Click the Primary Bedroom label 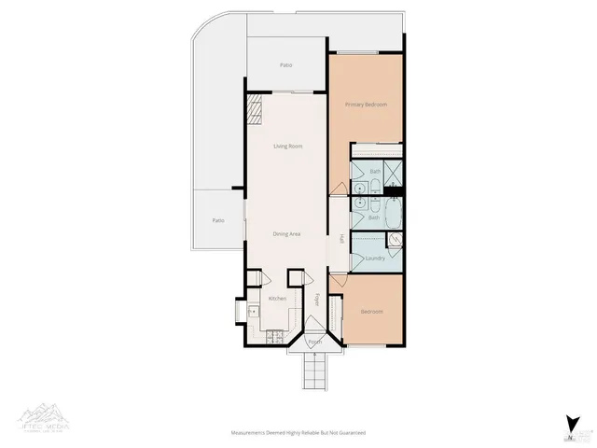(x=365, y=105)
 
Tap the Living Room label (x=287, y=147)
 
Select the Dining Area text (x=286, y=233)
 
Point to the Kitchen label (x=277, y=298)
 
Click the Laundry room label (x=376, y=258)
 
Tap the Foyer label (x=316, y=301)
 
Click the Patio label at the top (x=286, y=65)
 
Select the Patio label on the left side (x=217, y=220)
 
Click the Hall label (x=341, y=240)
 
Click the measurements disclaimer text (x=298, y=433)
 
